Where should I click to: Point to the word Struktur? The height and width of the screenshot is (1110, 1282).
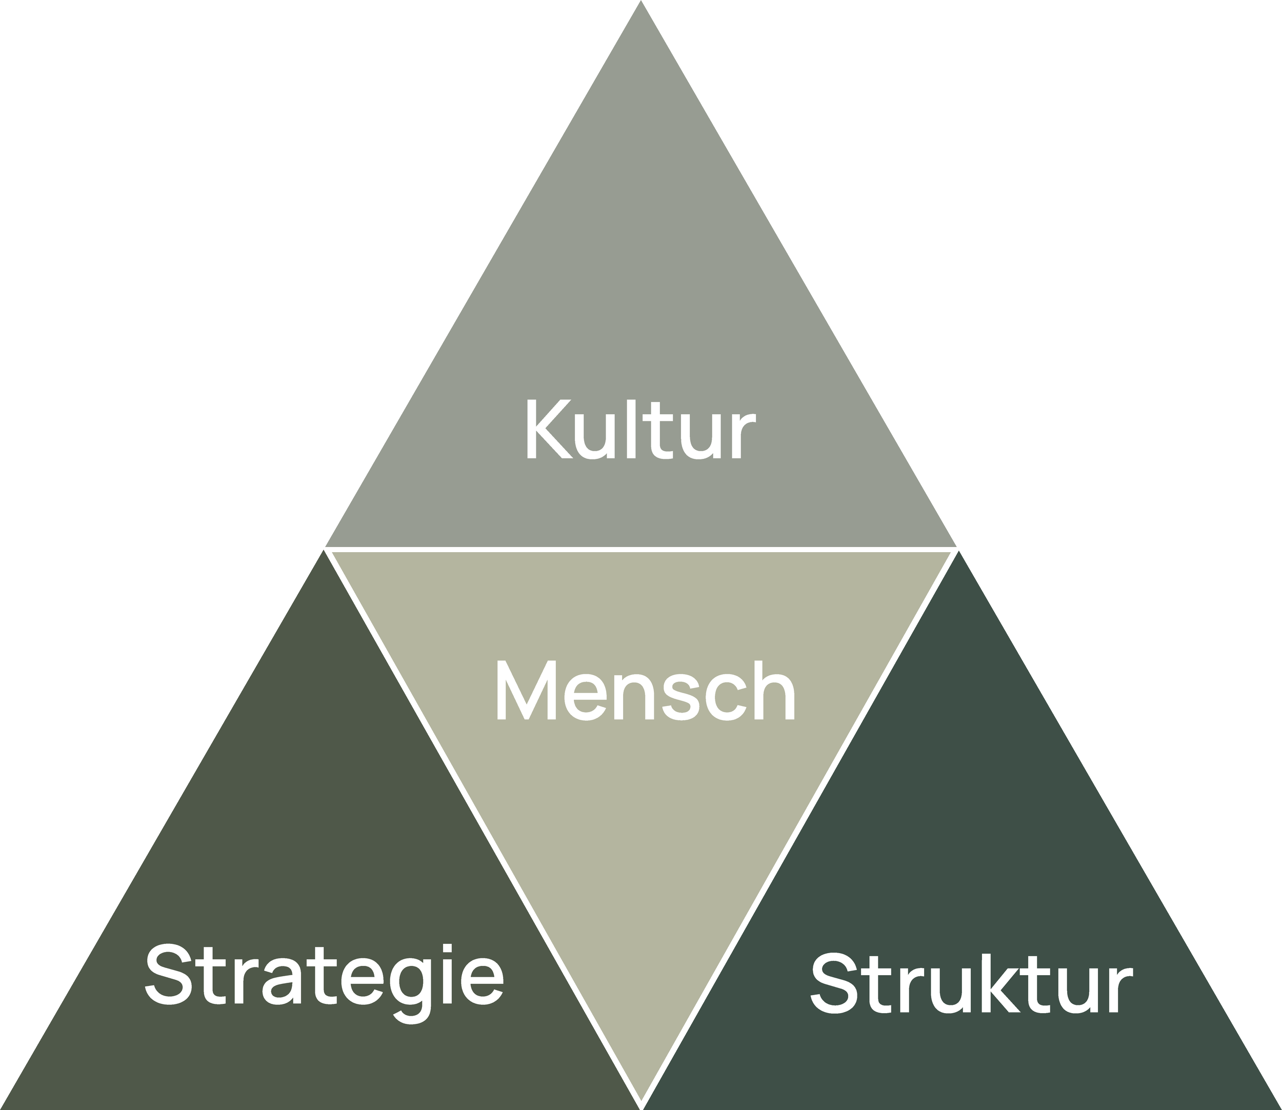(971, 984)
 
